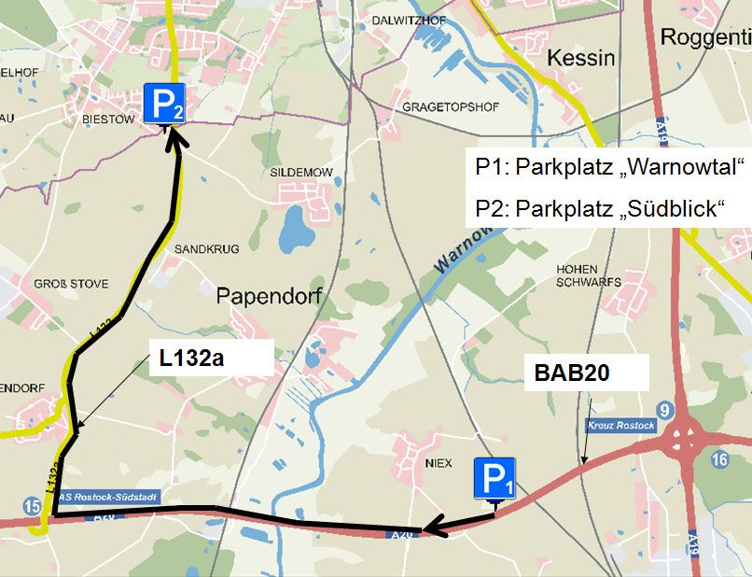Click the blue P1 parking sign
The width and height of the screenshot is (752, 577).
point(494,480)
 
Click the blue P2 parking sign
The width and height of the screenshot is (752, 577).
point(164,104)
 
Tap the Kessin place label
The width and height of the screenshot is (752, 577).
point(580,58)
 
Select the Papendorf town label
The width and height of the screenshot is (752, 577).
point(269,296)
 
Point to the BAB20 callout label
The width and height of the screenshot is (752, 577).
point(572,373)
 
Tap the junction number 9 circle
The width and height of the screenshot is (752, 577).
point(664,410)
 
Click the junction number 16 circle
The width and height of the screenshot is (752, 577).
point(718,459)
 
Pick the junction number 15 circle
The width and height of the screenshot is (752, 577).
point(33,506)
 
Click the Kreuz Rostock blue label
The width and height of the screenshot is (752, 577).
point(621,426)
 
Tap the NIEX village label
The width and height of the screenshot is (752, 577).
point(438,461)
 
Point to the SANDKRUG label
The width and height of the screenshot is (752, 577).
point(207,249)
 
